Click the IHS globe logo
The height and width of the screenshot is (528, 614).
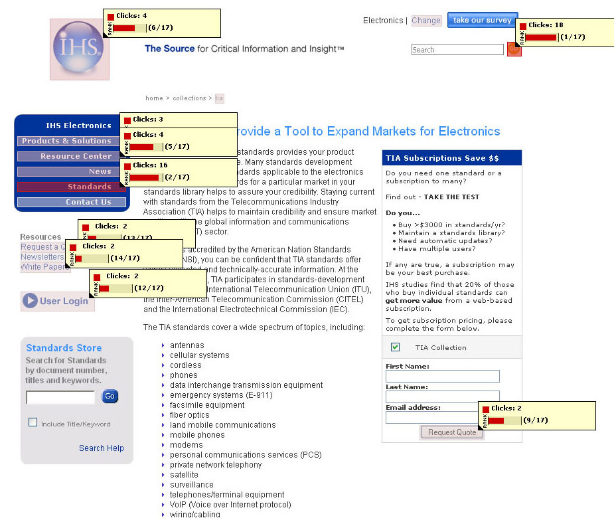coord(79,48)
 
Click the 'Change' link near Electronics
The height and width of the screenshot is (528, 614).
coord(425,21)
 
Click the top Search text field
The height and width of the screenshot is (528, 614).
coord(457,50)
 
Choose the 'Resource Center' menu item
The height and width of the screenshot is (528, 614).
coord(68,156)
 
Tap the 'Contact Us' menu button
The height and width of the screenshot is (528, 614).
coord(72,202)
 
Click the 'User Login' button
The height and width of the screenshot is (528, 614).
coord(58,301)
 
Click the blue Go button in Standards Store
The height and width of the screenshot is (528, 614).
coord(110,396)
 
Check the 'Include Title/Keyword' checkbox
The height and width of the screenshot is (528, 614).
coord(33,422)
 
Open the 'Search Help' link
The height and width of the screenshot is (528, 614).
coord(101,448)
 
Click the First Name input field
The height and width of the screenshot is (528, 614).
coord(442,377)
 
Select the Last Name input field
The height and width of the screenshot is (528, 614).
coord(442,396)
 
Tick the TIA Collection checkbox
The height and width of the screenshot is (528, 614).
coord(395,347)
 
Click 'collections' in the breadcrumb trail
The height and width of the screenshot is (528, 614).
coord(189,98)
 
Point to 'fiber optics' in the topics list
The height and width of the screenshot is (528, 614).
coord(189,415)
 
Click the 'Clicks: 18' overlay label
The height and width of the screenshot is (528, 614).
coord(546,25)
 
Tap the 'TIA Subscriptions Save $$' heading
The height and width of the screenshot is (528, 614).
coord(442,158)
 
